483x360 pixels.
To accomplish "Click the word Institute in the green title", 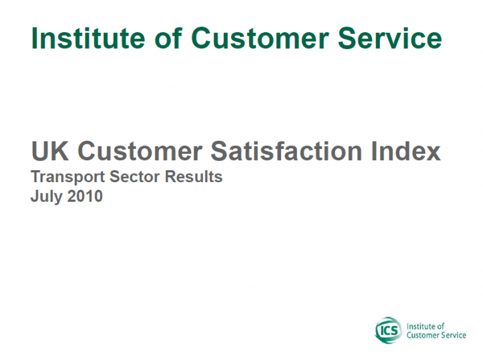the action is [88, 38].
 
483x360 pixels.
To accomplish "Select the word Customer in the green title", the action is [260, 38].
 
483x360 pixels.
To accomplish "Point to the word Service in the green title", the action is [391, 38].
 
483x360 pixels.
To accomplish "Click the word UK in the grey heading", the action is [50, 151].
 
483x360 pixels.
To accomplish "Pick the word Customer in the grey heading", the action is [140, 151].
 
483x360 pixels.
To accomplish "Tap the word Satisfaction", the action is [287, 151].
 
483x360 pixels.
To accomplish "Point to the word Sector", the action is [135, 177].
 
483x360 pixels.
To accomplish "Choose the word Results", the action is [194, 177].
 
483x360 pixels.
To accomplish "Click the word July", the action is [47, 197].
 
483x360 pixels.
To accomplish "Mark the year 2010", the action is [85, 196].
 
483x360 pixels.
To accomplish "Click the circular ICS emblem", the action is [389, 330].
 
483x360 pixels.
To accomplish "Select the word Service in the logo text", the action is [454, 335].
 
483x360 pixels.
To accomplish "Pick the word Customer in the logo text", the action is [424, 335].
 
